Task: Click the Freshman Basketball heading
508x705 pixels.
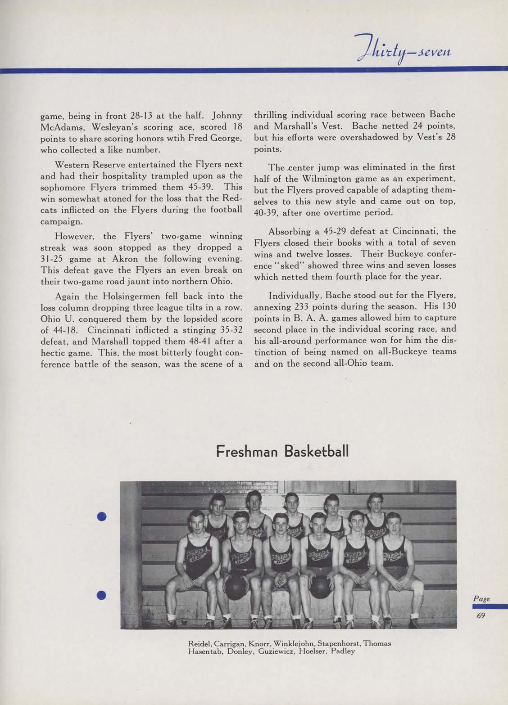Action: coord(282,451)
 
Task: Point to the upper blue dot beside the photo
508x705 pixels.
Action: coord(101,516)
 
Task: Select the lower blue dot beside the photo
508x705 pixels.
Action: coord(101,595)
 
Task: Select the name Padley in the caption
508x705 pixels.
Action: coord(343,651)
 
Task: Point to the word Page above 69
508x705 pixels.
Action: coord(481,599)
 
